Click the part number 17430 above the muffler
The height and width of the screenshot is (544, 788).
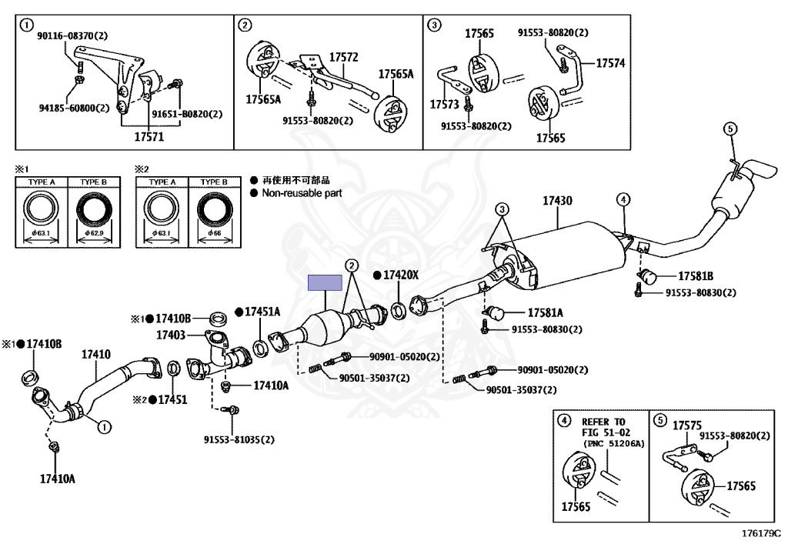point(557,201)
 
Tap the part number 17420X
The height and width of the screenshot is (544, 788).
point(401,275)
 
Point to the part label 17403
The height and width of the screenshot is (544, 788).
point(171,335)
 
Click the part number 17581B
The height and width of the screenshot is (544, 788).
point(696,275)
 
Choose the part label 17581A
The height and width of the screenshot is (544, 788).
point(545,312)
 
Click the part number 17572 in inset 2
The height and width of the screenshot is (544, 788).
point(344,57)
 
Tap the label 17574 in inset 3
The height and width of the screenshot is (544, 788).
point(610,62)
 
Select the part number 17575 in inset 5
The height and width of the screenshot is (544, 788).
point(687,425)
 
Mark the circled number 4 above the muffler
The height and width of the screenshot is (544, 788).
point(622,200)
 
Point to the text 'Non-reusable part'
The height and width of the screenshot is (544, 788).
point(302,194)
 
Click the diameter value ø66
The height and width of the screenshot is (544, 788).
point(212,232)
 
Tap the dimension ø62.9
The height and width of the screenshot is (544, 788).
point(93,232)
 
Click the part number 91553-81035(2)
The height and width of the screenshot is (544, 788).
point(239,440)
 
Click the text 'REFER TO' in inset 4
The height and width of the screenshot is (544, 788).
point(603,422)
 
